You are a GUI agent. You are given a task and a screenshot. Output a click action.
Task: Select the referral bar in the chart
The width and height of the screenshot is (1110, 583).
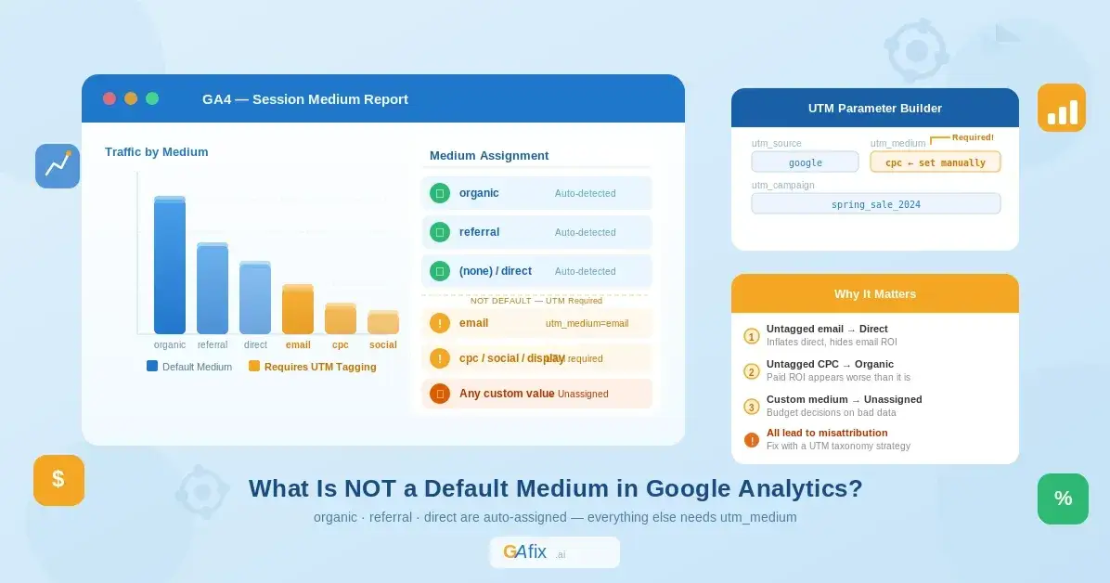(x=213, y=289)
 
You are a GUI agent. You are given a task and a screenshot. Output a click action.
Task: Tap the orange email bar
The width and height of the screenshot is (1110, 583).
(x=298, y=310)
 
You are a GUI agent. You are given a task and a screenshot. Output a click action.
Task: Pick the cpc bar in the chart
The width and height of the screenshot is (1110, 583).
(x=341, y=319)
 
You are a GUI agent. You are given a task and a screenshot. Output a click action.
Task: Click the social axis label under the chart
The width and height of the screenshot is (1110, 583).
(x=383, y=345)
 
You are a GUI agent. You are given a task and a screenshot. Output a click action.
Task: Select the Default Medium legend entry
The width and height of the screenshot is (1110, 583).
(x=189, y=367)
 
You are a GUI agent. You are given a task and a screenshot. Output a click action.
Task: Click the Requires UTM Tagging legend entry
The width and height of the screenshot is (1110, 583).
(x=313, y=367)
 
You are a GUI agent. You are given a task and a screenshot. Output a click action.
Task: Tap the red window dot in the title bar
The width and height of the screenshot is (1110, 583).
(x=110, y=98)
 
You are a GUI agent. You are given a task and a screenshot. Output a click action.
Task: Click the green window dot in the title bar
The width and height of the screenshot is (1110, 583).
(x=152, y=98)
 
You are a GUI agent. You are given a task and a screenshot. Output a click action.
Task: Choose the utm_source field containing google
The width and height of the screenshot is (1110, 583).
(x=805, y=162)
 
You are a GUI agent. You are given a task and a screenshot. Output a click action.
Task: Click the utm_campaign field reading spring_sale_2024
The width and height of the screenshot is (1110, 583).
(x=875, y=204)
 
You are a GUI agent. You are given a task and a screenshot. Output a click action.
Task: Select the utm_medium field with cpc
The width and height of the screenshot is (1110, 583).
(x=935, y=162)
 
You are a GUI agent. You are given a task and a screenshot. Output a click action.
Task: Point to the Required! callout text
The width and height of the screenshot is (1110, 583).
(x=973, y=137)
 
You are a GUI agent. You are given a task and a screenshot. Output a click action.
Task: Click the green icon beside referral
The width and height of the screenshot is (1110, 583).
(x=440, y=232)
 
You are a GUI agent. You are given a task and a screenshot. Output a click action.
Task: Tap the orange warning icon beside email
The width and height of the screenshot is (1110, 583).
(x=440, y=323)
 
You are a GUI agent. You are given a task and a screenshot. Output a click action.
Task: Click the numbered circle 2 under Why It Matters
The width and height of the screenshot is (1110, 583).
(x=752, y=371)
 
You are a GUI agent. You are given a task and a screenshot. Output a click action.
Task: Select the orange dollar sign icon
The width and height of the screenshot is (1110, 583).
(x=58, y=480)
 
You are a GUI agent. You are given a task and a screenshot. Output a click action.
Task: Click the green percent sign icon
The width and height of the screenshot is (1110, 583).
(x=1063, y=499)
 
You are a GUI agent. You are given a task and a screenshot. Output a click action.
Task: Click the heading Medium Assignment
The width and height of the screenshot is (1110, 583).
(x=489, y=156)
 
